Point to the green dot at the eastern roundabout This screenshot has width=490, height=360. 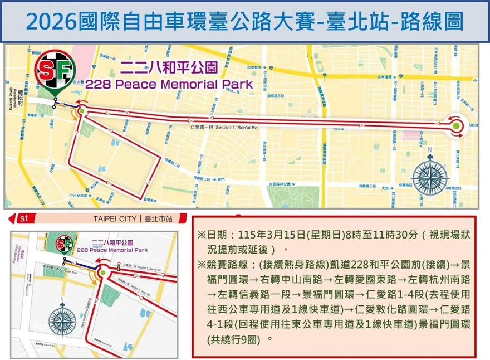(x=456, y=126)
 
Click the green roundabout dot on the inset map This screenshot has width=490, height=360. (x=102, y=273)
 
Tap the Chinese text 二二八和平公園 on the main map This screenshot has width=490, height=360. (x=169, y=69)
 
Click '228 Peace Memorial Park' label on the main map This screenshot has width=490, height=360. (x=169, y=85)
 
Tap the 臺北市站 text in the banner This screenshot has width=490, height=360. (x=157, y=219)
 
